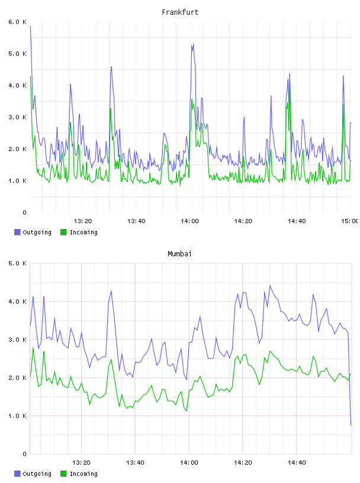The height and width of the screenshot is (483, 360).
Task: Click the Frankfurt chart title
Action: (x=180, y=12)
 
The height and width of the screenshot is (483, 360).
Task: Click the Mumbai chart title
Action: (x=179, y=254)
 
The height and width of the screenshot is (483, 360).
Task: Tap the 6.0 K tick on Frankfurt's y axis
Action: (x=17, y=22)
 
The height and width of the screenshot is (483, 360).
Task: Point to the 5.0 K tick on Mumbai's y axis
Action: (x=17, y=263)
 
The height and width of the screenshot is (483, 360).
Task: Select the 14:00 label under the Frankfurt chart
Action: (x=189, y=221)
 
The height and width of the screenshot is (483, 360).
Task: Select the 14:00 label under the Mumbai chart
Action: (x=189, y=462)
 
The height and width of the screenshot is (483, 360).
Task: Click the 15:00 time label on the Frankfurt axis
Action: (x=350, y=221)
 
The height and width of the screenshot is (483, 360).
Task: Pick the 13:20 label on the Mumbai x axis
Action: (x=81, y=462)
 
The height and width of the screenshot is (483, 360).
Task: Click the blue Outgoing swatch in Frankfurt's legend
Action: (x=17, y=232)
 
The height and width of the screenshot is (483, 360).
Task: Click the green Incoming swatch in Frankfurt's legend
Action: (x=63, y=232)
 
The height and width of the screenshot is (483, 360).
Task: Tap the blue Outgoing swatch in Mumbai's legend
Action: (x=17, y=474)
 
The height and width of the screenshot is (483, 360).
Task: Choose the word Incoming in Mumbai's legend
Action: (x=83, y=474)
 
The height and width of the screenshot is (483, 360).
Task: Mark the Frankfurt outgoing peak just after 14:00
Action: (x=193, y=43)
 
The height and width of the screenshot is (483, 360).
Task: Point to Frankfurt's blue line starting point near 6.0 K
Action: (x=30, y=26)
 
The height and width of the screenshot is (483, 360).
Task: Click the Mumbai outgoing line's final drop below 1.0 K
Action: (x=351, y=425)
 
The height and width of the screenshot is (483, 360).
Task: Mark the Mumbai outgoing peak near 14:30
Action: (x=270, y=285)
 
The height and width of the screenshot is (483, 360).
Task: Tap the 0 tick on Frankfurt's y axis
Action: (x=24, y=212)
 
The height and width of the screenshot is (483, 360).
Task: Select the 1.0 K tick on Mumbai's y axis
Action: (x=17, y=416)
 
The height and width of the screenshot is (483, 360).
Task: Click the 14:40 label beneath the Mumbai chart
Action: (x=297, y=462)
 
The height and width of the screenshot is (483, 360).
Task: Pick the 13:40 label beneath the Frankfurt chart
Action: (x=136, y=221)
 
